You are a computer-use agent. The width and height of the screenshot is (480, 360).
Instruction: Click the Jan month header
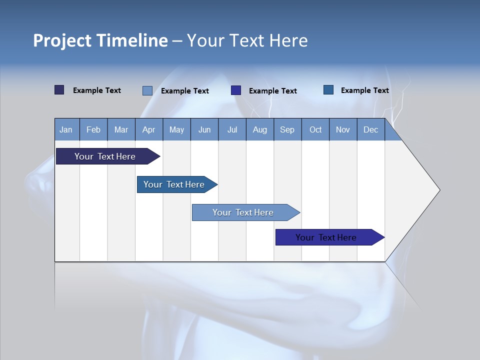tap(66, 129)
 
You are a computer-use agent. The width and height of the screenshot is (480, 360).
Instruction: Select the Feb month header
tap(93, 129)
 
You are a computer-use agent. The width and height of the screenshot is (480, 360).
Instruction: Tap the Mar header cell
tap(121, 129)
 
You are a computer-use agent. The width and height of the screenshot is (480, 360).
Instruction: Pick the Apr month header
tap(148, 129)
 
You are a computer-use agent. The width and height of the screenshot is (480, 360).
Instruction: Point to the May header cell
tap(176, 129)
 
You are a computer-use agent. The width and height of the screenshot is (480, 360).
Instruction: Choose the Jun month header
tap(204, 129)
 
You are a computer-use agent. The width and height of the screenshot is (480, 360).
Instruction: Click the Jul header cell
tap(232, 129)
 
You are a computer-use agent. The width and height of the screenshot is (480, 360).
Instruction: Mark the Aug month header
tap(259, 129)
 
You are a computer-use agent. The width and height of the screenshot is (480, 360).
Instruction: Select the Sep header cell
tap(287, 129)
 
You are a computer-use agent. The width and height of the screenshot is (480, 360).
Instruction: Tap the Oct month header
tap(315, 129)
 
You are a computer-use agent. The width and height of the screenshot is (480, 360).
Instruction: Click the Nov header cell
tap(343, 129)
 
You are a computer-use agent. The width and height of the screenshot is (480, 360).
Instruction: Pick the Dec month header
tap(370, 129)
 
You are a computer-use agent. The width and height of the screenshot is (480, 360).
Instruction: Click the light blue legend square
tap(147, 90)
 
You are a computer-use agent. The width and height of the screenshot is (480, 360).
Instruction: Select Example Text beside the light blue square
tap(184, 91)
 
